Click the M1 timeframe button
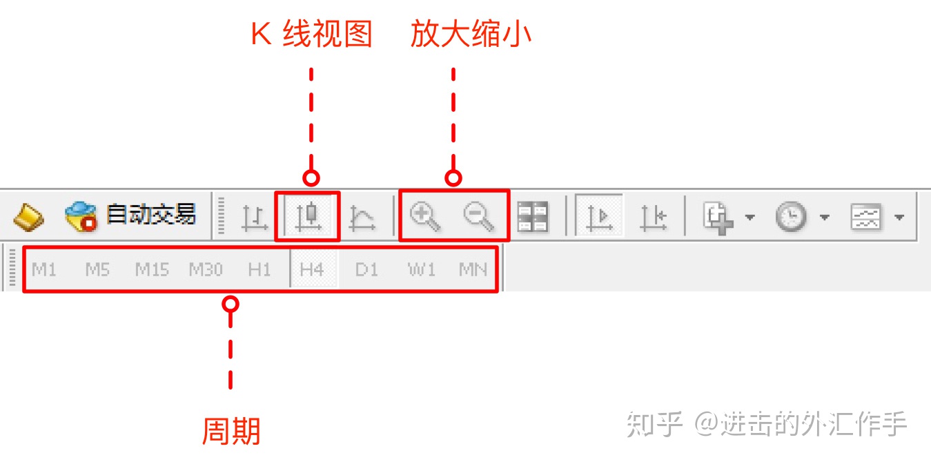coord(44,269)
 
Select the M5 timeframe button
coord(97,269)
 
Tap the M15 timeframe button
coord(152,269)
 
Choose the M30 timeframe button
coord(206,269)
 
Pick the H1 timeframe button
coord(259,269)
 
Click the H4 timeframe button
coord(312,269)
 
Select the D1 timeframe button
coord(366,269)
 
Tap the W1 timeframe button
coord(422,269)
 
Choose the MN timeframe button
coord(473,269)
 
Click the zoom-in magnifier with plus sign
coord(424,216)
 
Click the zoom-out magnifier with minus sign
coord(478,216)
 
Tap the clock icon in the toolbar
coord(790,217)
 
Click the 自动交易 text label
coord(150,215)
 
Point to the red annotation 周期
coord(231,432)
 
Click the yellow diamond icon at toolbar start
coord(28,217)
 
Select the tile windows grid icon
coord(533,217)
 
